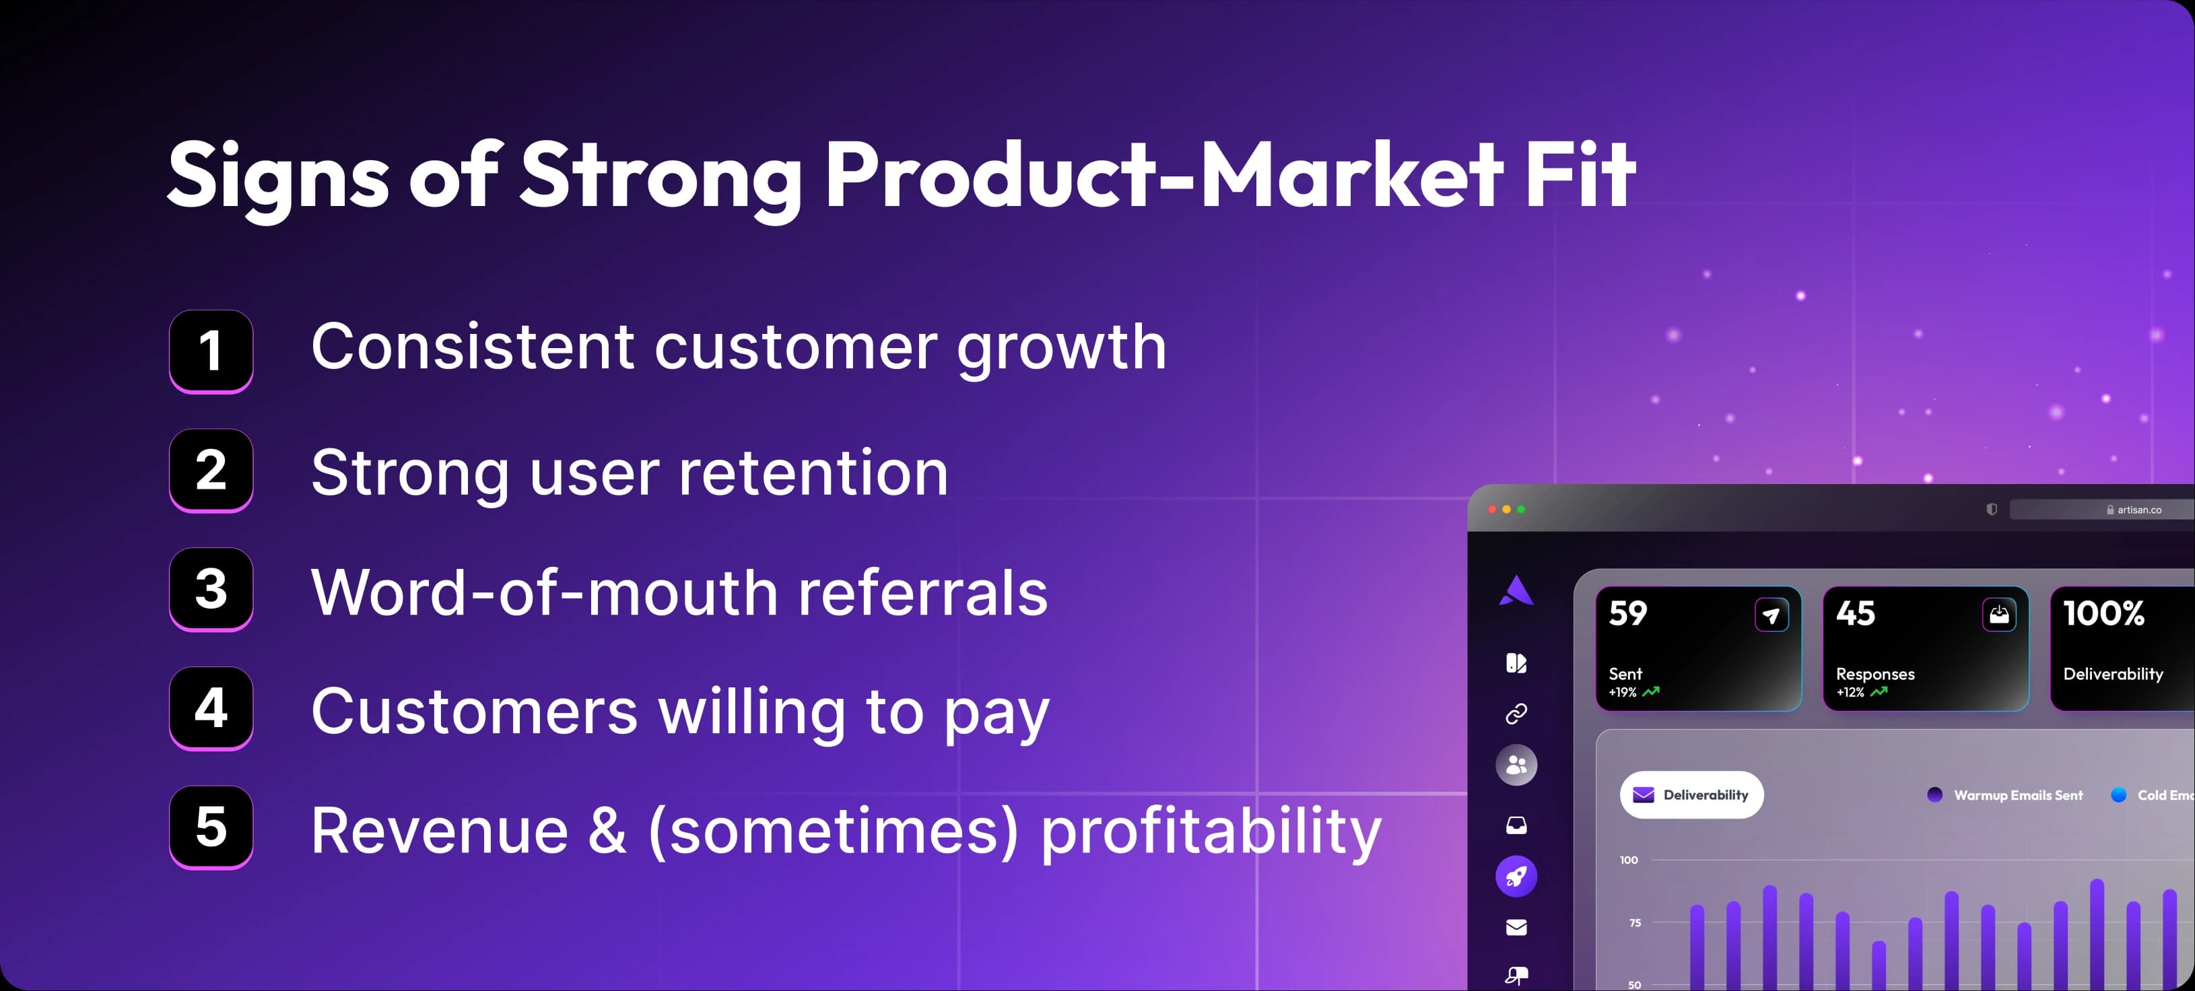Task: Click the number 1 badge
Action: pyautogui.click(x=211, y=351)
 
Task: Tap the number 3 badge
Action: pyautogui.click(x=211, y=589)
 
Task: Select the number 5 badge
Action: pyautogui.click(x=211, y=827)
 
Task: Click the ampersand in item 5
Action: pyautogui.click(x=607, y=831)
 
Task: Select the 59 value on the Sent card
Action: pyautogui.click(x=1627, y=613)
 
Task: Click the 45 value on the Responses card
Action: pyautogui.click(x=1856, y=613)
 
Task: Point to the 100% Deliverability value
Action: pyautogui.click(x=2104, y=613)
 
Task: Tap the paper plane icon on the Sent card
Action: pyautogui.click(x=1771, y=615)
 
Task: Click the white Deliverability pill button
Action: pyautogui.click(x=1691, y=795)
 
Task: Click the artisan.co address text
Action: pyautogui.click(x=2138, y=510)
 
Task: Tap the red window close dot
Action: pyautogui.click(x=1492, y=510)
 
